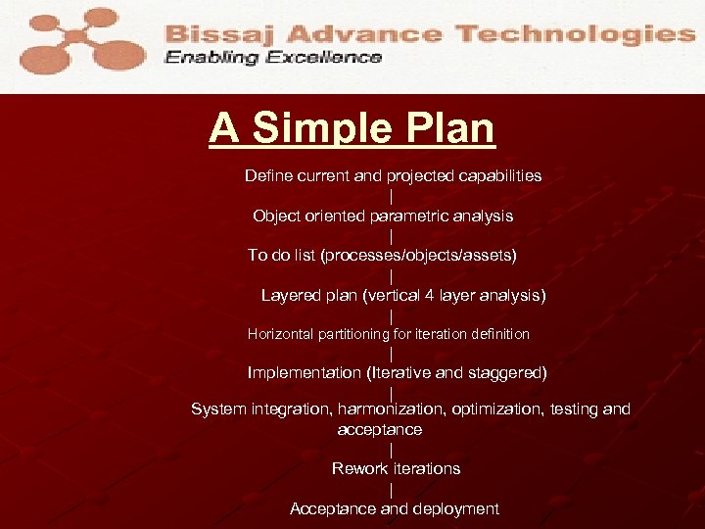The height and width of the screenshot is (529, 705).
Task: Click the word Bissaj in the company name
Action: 211,34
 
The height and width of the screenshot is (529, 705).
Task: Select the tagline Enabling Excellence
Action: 273,58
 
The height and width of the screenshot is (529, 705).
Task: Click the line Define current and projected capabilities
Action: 393,176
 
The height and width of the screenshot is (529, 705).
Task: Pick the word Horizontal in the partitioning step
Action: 280,334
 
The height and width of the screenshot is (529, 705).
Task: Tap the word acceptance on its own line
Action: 380,429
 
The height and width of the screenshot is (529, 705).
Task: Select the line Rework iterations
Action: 396,468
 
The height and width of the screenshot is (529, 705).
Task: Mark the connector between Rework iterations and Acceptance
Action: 392,489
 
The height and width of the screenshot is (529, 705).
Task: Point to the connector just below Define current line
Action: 392,196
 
